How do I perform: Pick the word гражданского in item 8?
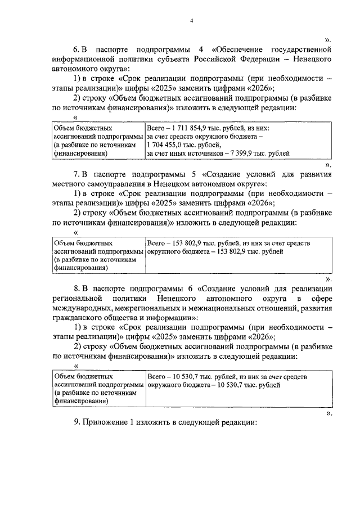(78, 317)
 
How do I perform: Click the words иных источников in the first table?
(192, 152)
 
